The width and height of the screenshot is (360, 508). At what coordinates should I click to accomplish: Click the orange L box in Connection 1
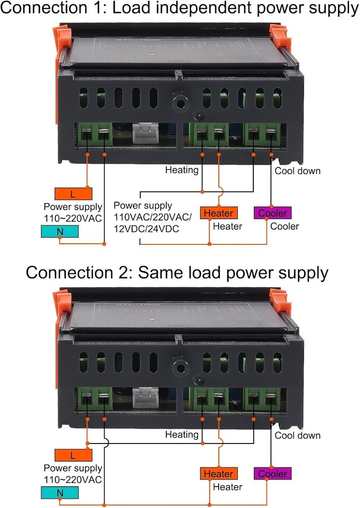pyautogui.click(x=73, y=194)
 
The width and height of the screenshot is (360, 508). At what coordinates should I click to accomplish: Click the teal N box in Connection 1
pyautogui.click(x=60, y=232)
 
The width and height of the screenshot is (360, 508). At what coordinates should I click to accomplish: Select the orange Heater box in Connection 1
pyautogui.click(x=219, y=213)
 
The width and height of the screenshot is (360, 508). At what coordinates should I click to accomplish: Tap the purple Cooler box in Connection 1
pyautogui.click(x=272, y=213)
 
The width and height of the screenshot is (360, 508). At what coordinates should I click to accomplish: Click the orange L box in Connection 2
pyautogui.click(x=73, y=455)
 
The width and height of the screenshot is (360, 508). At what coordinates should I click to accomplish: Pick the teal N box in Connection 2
pyautogui.click(x=60, y=493)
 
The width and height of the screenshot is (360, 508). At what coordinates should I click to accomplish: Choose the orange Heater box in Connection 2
pyautogui.click(x=219, y=474)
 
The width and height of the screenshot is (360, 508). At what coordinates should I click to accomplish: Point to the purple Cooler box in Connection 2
pyautogui.click(x=272, y=474)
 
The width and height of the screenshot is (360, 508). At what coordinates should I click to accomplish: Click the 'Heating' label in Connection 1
pyautogui.click(x=182, y=170)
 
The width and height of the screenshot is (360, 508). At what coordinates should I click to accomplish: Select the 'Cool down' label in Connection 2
pyautogui.click(x=297, y=435)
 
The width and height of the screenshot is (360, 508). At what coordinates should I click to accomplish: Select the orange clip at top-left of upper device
pyautogui.click(x=62, y=39)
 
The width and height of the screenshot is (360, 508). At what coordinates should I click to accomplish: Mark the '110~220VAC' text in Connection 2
pyautogui.click(x=73, y=480)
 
